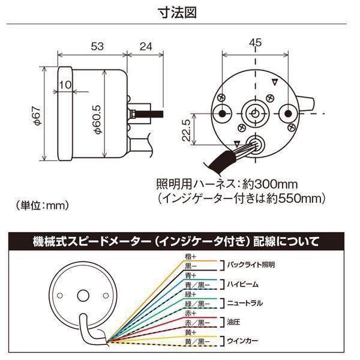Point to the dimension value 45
tap(255, 43)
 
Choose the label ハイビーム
tap(244, 283)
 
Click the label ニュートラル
tap(247, 302)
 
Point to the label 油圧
tap(234, 322)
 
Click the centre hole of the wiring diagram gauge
tap(82, 295)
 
